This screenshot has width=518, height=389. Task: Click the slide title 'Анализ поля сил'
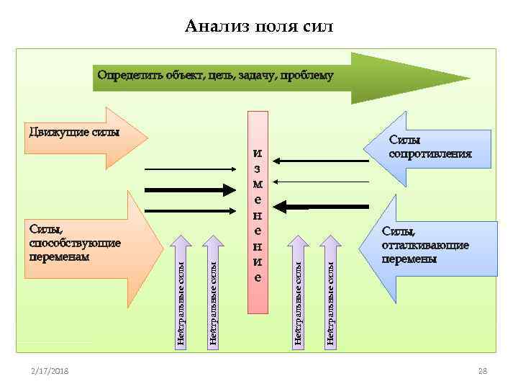point(259,27)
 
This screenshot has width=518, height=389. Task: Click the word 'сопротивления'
point(430,153)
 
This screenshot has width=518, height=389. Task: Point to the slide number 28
point(483,370)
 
